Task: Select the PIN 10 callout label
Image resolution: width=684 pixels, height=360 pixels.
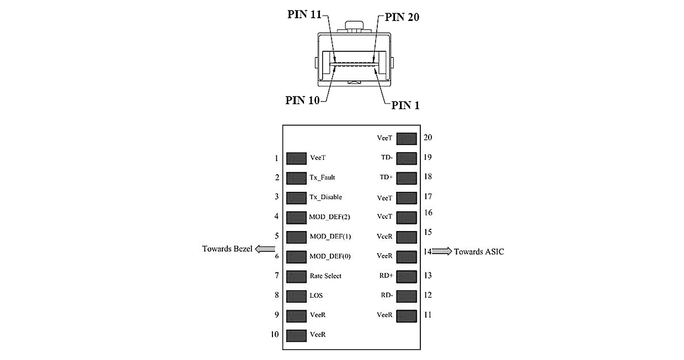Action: pos(303,100)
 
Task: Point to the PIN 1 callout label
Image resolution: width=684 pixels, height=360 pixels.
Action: pos(405,105)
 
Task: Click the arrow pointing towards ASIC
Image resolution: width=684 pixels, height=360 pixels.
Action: pos(441,251)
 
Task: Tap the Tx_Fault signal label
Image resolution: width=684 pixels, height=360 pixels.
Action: pos(323,178)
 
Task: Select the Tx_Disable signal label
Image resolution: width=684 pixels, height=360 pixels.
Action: pos(325,197)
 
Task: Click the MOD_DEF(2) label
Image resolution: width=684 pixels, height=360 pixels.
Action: pos(330,217)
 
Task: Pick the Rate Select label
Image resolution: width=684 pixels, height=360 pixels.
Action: pos(325,276)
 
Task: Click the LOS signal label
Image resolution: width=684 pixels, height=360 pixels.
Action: pos(316,295)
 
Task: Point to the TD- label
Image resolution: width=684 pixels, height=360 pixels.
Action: pos(387,157)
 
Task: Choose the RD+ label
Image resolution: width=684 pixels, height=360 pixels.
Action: pos(386,276)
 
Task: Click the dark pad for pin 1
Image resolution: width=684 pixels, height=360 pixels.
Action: pos(296,158)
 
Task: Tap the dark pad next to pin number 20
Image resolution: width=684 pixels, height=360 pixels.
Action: pos(407,138)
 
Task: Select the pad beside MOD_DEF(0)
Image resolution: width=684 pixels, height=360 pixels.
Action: pos(296,256)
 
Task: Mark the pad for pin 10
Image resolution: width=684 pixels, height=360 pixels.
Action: pos(296,335)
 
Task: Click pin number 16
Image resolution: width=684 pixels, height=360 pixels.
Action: pos(428,212)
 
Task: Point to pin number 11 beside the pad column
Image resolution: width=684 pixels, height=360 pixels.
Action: pos(427,315)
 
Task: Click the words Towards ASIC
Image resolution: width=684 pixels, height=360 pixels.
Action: pos(479,251)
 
